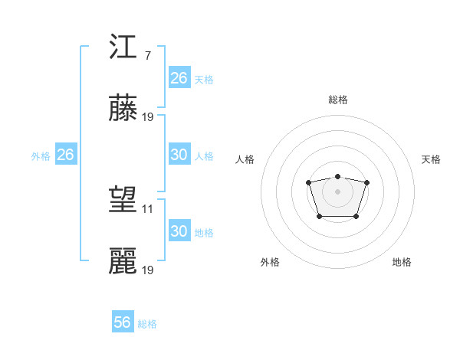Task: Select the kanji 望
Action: pyautogui.click(x=123, y=201)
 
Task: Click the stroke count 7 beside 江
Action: pyautogui.click(x=147, y=56)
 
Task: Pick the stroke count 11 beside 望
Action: pyautogui.click(x=148, y=209)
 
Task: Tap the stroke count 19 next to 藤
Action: pyautogui.click(x=148, y=117)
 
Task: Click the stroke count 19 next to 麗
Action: pyautogui.click(x=148, y=270)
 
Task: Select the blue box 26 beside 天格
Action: pyautogui.click(x=179, y=78)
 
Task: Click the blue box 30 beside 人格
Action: pyautogui.click(x=179, y=155)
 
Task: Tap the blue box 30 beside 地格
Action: pyautogui.click(x=179, y=231)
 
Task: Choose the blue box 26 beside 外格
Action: pyautogui.click(x=65, y=155)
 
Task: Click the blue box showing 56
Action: pyautogui.click(x=122, y=322)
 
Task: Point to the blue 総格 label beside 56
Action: pyautogui.click(x=147, y=324)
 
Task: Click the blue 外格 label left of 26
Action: pyautogui.click(x=41, y=156)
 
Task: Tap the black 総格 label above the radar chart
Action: pyautogui.click(x=337, y=100)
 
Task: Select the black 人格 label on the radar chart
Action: pyautogui.click(x=245, y=159)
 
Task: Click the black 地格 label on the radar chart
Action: pyautogui.click(x=402, y=262)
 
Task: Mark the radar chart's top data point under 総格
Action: pyautogui.click(x=337, y=176)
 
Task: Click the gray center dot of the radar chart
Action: pyautogui.click(x=337, y=191)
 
